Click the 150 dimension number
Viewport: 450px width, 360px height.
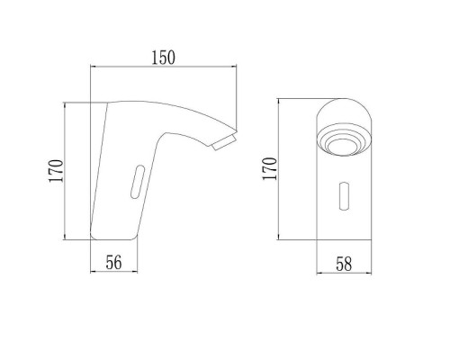(163, 58)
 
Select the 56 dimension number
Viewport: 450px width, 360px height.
(114, 263)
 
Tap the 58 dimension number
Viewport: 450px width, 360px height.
(344, 264)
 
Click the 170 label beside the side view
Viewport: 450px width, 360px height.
(56, 171)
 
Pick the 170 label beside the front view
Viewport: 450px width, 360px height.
(270, 168)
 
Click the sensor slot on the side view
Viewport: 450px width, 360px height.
(138, 182)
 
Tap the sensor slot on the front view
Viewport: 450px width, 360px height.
(344, 196)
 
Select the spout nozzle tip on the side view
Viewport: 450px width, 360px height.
(224, 143)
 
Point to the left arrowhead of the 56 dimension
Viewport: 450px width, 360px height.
(93, 272)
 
